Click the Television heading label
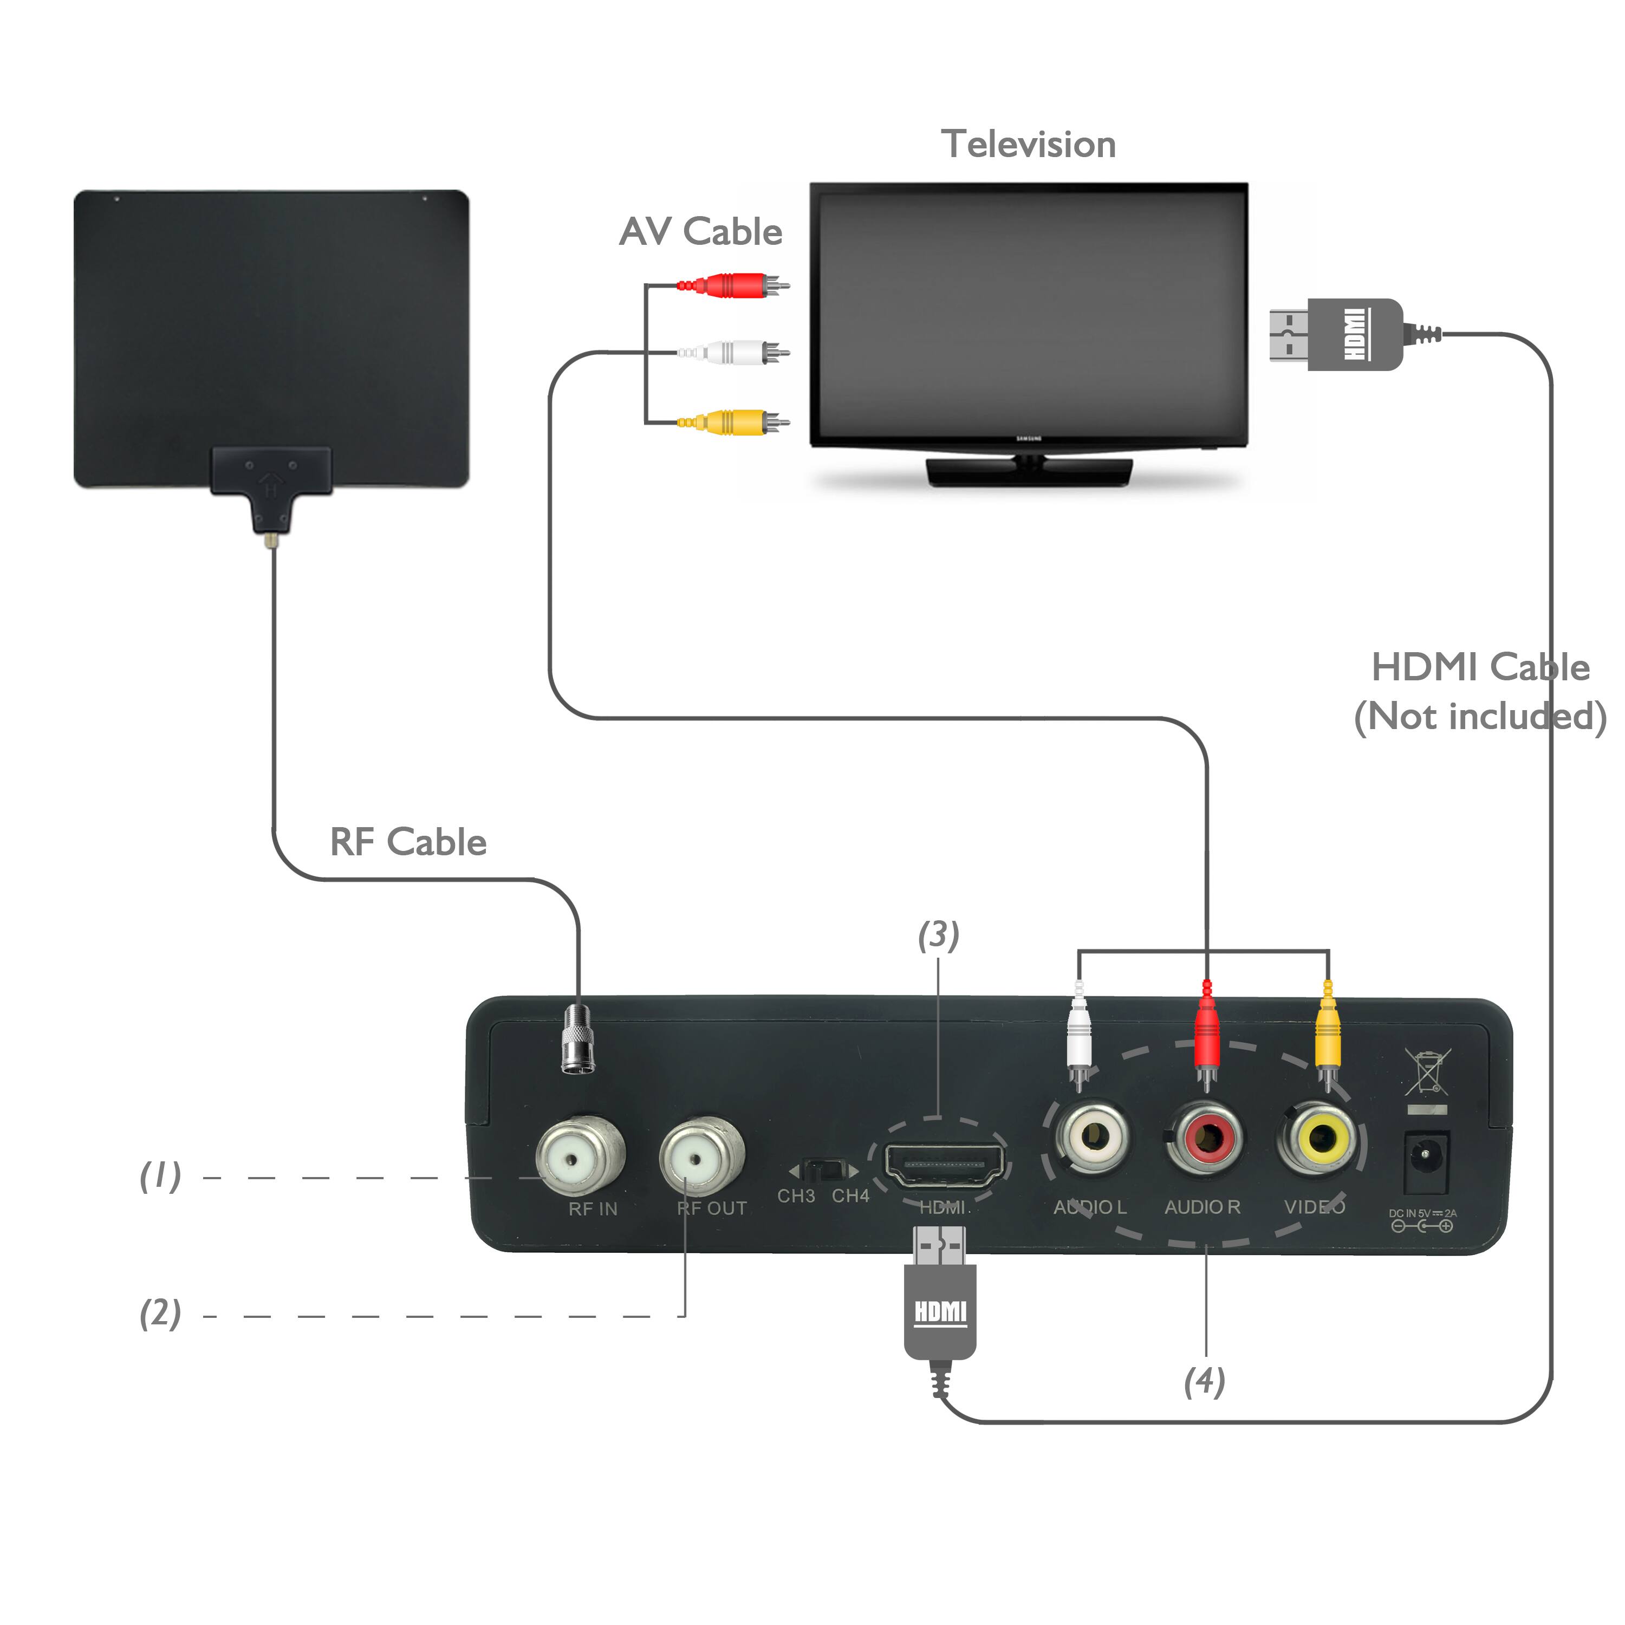point(1028,145)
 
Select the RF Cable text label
point(408,842)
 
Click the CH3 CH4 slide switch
point(825,1171)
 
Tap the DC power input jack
point(1427,1162)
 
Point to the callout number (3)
point(938,935)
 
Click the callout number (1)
point(160,1176)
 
